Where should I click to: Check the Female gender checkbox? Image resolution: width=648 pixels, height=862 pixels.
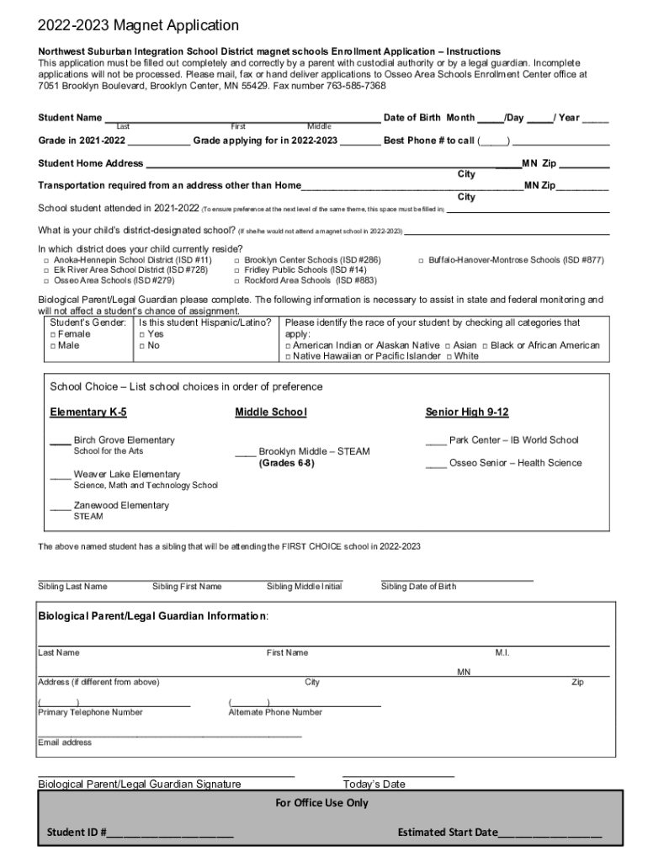pyautogui.click(x=53, y=334)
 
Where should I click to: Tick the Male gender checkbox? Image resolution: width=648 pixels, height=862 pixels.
pyautogui.click(x=53, y=346)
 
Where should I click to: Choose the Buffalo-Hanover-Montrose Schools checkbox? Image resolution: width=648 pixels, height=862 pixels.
pyautogui.click(x=421, y=261)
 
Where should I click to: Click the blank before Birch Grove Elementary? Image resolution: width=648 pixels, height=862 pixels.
pyautogui.click(x=60, y=441)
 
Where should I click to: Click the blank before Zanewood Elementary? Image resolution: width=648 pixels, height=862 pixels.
pyautogui.click(x=60, y=507)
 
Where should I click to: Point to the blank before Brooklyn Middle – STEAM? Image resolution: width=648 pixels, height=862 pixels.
pyautogui.click(x=245, y=453)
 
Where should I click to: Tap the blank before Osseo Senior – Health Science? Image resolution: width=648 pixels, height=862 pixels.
pyautogui.click(x=436, y=464)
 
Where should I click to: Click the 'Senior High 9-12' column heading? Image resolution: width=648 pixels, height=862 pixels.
pyautogui.click(x=467, y=412)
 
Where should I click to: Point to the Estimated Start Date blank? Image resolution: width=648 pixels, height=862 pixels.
pyautogui.click(x=550, y=834)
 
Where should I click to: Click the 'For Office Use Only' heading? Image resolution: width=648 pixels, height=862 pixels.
pyautogui.click(x=322, y=803)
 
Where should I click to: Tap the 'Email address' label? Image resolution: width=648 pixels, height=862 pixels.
pyautogui.click(x=65, y=743)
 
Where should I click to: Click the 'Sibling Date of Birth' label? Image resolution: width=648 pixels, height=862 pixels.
pyautogui.click(x=418, y=587)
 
